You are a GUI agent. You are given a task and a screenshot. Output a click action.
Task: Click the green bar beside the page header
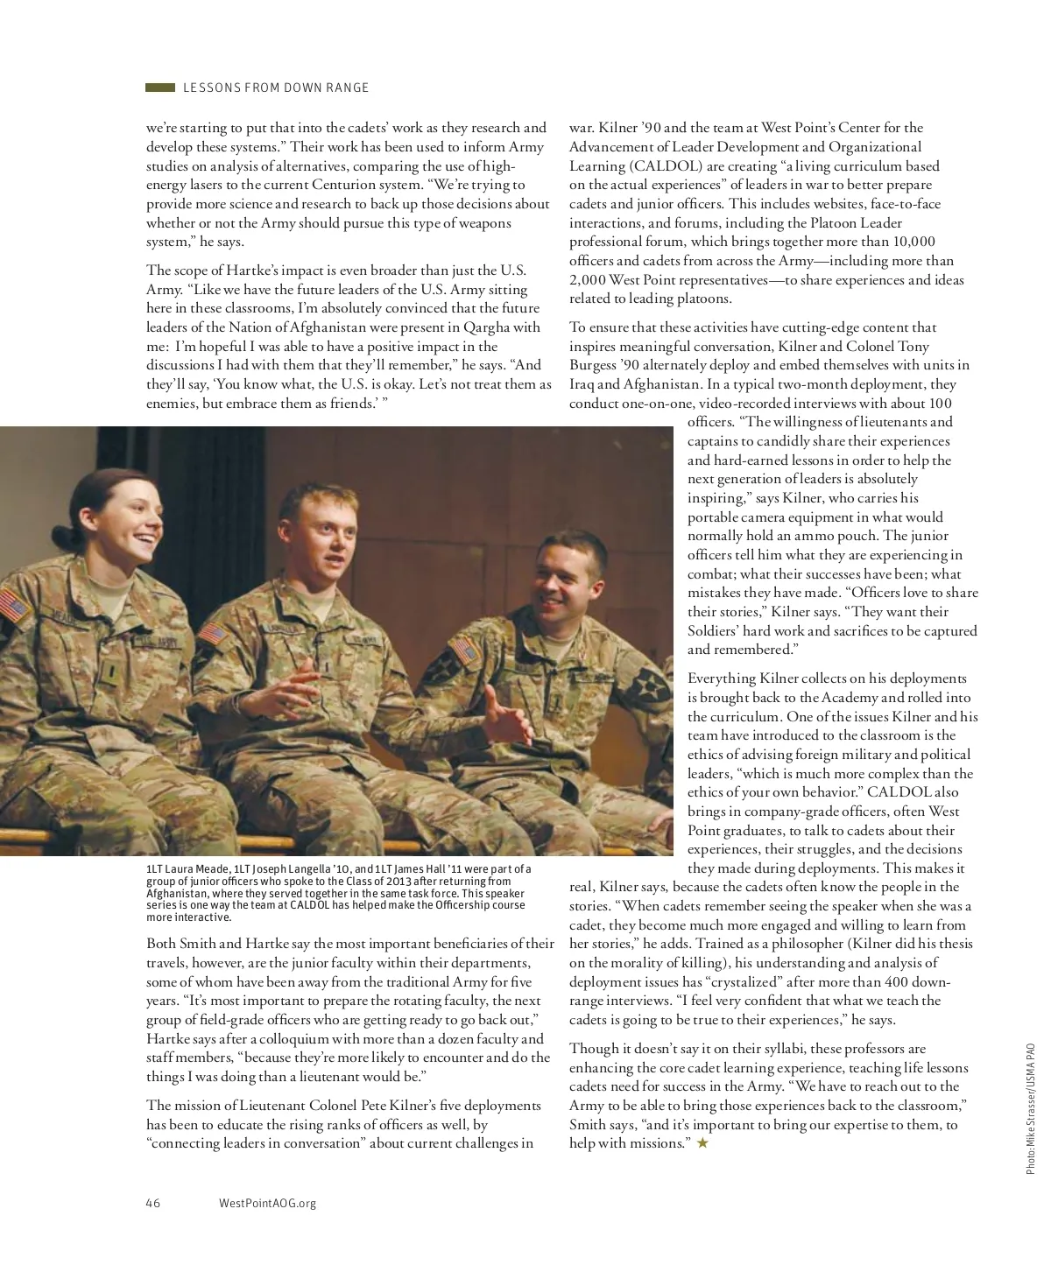[160, 88]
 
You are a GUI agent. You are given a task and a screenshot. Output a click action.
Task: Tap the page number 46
[152, 1203]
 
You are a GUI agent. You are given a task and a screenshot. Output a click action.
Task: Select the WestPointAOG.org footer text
[267, 1203]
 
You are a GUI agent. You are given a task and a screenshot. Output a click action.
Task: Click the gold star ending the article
[702, 1143]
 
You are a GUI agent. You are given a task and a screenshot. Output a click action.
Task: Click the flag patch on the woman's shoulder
[14, 607]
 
